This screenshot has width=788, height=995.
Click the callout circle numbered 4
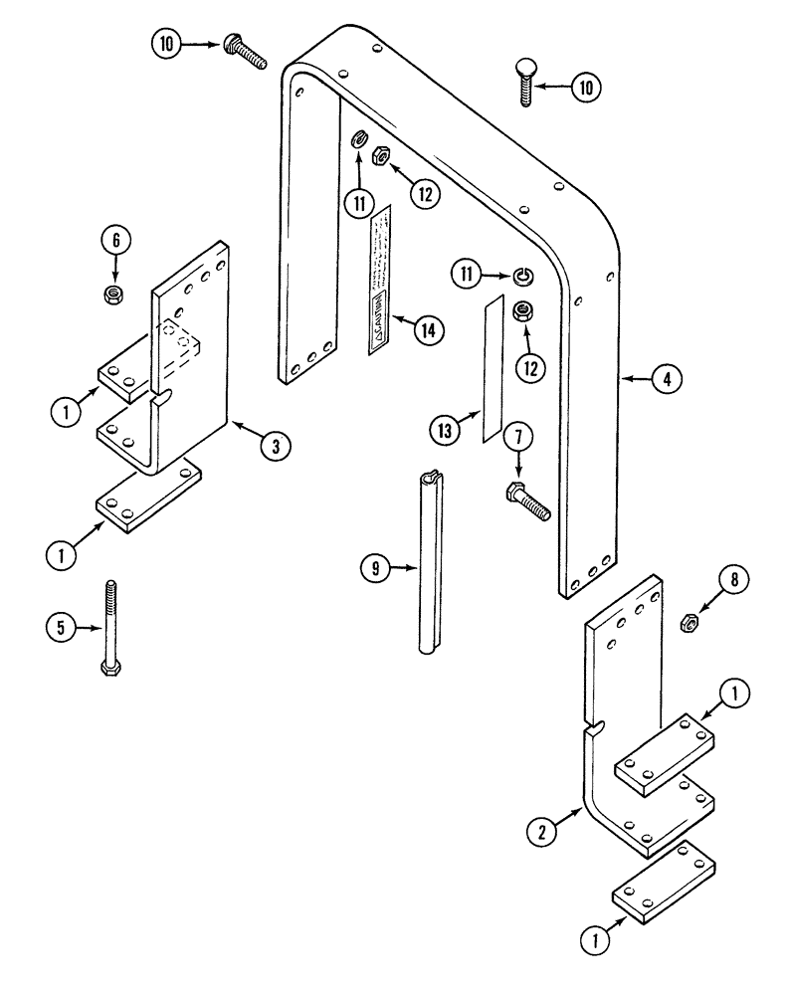coord(667,378)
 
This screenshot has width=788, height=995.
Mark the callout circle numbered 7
coord(516,435)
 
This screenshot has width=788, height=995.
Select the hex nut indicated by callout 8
coord(687,623)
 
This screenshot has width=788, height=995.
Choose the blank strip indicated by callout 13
coord(492,369)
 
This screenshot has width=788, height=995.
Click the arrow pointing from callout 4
coord(637,378)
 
